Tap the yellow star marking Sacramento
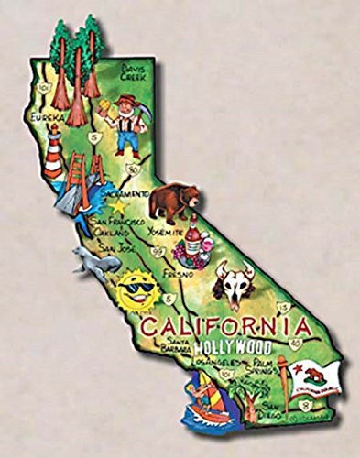click(116, 207)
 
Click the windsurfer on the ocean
click(199, 400)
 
